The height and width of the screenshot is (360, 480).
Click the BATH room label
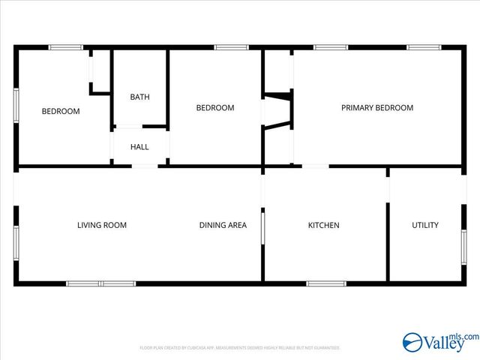139,97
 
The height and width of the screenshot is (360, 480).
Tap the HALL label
139,147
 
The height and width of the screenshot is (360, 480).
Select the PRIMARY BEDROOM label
377,108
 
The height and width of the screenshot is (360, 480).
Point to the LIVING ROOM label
102,225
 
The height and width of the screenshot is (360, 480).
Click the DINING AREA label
223,225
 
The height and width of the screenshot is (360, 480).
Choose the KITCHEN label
324,225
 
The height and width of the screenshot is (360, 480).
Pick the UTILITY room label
425,225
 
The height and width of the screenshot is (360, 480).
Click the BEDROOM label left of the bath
61,112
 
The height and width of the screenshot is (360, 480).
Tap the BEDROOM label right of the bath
215,108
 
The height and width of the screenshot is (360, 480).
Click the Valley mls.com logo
440,343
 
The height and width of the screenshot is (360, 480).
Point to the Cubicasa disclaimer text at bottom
240,348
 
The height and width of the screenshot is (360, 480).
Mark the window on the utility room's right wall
464,247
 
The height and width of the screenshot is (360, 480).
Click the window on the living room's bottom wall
101,283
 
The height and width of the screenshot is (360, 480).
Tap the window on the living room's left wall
16,243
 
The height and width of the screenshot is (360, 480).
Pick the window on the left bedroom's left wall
16,106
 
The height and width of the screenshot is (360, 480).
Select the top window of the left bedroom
65,47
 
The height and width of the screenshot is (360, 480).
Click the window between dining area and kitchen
262,229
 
